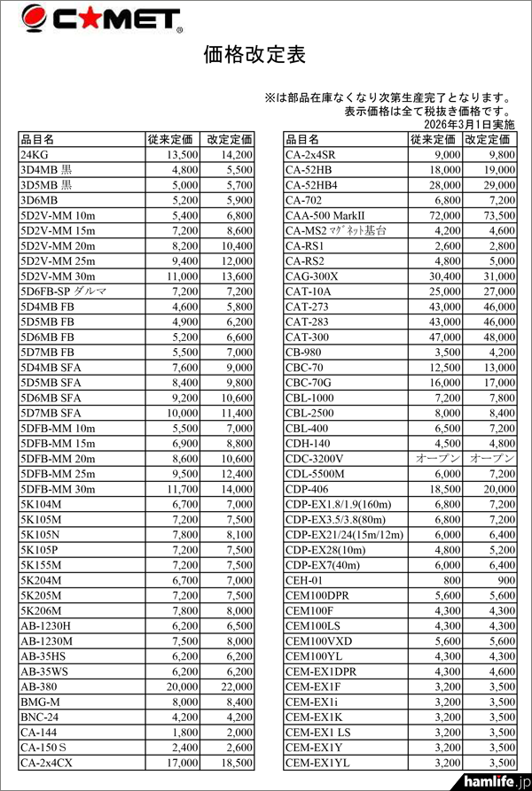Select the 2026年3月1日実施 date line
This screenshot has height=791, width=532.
463,125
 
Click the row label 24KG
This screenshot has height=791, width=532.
36,154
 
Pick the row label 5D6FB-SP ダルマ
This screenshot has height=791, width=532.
63,291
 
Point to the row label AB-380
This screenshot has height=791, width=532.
40,686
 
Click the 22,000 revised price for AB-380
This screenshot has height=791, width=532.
233,686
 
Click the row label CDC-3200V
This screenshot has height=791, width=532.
315,458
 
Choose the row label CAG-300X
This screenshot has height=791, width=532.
311,275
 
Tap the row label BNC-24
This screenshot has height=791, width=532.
40,716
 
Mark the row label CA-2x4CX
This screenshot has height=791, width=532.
48,762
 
